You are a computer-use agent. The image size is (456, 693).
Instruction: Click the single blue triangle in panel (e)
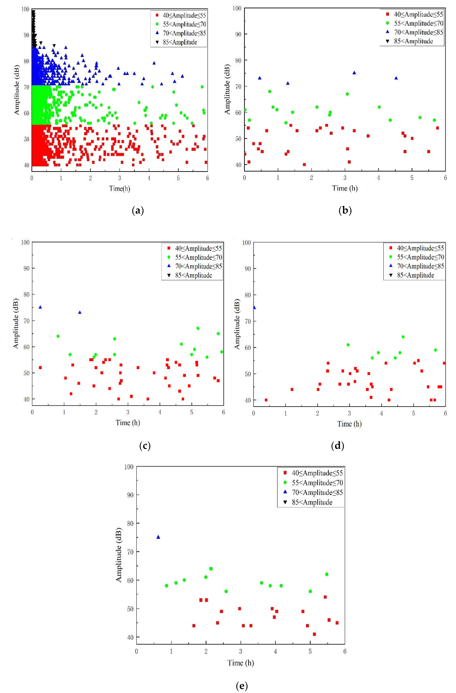158,537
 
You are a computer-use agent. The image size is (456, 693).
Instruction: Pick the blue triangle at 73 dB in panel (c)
80,312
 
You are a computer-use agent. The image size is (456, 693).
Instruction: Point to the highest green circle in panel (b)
270,91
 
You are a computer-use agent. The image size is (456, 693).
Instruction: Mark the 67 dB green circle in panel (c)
198,328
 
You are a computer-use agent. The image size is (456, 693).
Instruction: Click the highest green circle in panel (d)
403,337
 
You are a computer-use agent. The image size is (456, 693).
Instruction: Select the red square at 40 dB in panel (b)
304,165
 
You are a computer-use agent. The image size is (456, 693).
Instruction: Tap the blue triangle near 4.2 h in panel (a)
154,63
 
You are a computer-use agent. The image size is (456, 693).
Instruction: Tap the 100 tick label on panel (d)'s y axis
246,243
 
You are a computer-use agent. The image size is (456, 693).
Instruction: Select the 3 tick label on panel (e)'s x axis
241,651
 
